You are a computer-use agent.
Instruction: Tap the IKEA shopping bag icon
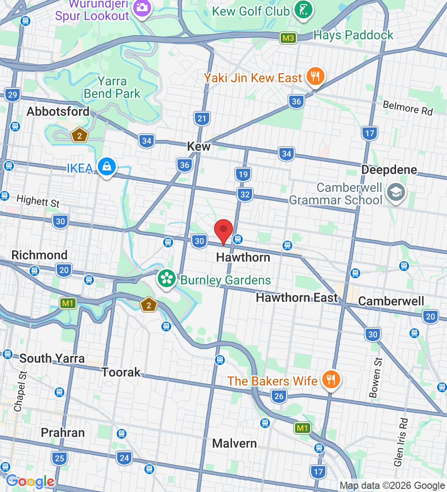[x=107, y=167]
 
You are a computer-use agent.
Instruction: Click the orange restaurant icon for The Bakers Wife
[x=331, y=380]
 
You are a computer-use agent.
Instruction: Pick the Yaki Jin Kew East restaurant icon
[x=316, y=77]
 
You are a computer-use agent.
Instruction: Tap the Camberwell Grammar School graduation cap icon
[x=396, y=193]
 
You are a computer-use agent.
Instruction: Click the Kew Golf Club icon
[x=303, y=9]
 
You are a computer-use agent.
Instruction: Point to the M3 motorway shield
[x=288, y=38]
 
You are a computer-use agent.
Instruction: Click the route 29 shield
[x=13, y=94]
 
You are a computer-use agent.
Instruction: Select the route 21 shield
[x=202, y=119]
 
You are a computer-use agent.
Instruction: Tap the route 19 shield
[x=243, y=174]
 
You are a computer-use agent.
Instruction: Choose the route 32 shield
[x=245, y=195]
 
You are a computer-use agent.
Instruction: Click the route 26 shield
[x=279, y=396]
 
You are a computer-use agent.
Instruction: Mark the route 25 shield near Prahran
[x=59, y=458]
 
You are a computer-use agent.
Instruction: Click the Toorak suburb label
[x=121, y=372]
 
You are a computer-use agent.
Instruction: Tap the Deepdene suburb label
[x=389, y=170]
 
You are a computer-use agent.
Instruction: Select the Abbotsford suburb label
[x=58, y=111]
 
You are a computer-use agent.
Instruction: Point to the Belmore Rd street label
[x=408, y=108]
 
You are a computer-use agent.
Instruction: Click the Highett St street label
[x=38, y=201]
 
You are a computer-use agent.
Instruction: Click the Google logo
[x=30, y=482]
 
